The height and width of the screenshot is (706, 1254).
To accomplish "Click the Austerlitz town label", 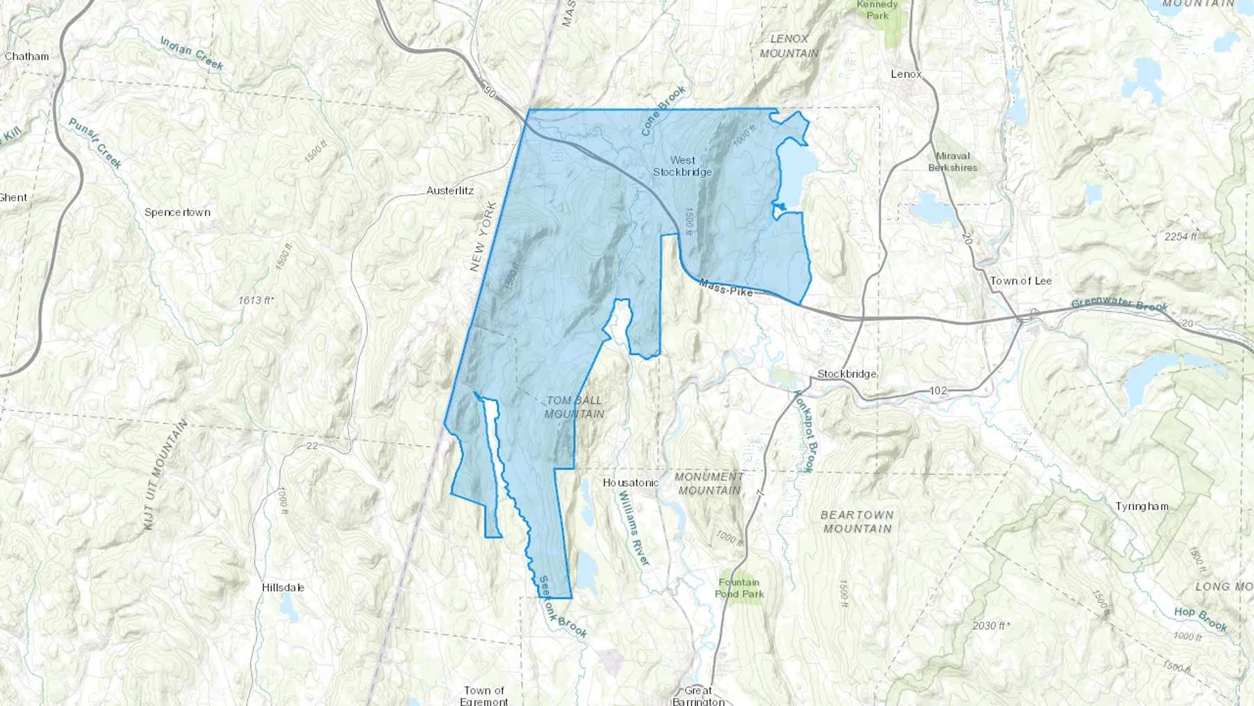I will pyautogui.click(x=450, y=190).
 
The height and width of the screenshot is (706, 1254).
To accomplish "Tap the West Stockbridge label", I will pyautogui.click(x=682, y=166).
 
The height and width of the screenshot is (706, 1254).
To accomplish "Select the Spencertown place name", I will pyautogui.click(x=177, y=213).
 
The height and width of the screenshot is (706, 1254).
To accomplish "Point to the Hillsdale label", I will pyautogui.click(x=283, y=588).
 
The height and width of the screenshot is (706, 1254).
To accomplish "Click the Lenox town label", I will pyautogui.click(x=906, y=74).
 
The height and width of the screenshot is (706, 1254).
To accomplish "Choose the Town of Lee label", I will pyautogui.click(x=1021, y=281).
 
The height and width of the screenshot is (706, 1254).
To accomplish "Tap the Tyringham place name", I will pyautogui.click(x=1141, y=507).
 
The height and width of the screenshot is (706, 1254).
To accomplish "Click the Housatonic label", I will pyautogui.click(x=630, y=482).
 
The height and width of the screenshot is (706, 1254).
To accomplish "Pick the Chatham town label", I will pyautogui.click(x=26, y=56).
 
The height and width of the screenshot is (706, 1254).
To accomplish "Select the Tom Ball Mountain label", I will pyautogui.click(x=575, y=407).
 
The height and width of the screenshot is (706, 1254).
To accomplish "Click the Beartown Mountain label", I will pyautogui.click(x=857, y=521).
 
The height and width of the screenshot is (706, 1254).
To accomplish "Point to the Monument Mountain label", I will pyautogui.click(x=709, y=484).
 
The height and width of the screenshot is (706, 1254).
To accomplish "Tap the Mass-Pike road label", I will pyautogui.click(x=726, y=288).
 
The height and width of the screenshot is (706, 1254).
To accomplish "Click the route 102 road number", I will pyautogui.click(x=938, y=390).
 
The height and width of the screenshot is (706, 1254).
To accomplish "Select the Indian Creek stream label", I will pyautogui.click(x=192, y=54).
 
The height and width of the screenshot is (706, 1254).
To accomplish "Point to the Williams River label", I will pyautogui.click(x=634, y=528).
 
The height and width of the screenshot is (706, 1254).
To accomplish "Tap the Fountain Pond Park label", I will pyautogui.click(x=739, y=588).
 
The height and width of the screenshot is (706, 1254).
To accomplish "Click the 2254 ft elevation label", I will pyautogui.click(x=1180, y=237).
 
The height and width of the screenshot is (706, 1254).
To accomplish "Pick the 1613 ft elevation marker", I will pyautogui.click(x=256, y=300).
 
